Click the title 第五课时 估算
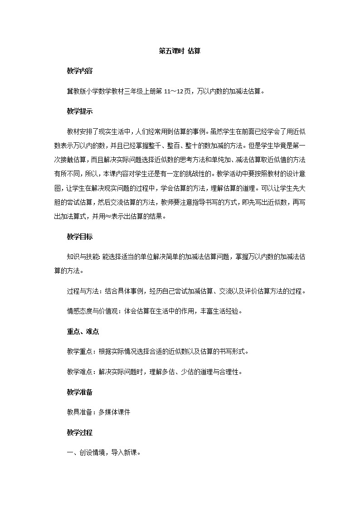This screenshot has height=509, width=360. coord(180,51)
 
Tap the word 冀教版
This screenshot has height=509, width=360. coord(76,91)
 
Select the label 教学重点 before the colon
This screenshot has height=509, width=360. coord(79,352)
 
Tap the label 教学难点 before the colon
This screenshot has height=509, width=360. coord(79,372)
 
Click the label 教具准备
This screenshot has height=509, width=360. coord(79,412)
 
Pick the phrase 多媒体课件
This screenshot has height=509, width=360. coord(114,412)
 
